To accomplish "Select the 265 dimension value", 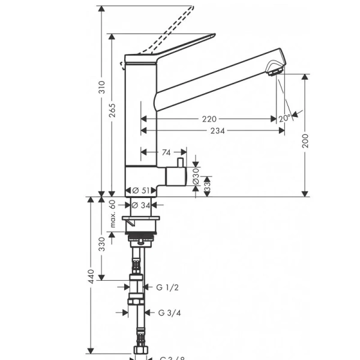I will click(112, 110).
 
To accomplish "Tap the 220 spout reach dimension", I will click(209, 119).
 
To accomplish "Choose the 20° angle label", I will click(284, 119).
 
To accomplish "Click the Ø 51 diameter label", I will click(140, 190).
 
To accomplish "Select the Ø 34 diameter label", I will click(140, 205).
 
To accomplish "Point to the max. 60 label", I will click(113, 215).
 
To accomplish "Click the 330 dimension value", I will click(102, 244).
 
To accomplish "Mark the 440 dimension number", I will click(91, 276).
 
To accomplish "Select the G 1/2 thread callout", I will click(167, 287).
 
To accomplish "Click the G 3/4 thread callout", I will click(170, 313).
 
